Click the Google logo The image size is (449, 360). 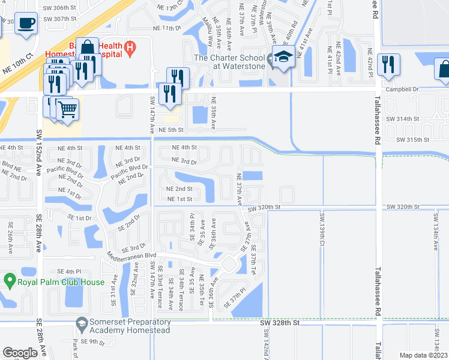(x=20, y=353)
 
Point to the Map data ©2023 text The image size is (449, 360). (x=423, y=355)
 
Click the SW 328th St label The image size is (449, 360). (x=280, y=323)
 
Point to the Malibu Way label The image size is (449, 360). (x=206, y=33)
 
